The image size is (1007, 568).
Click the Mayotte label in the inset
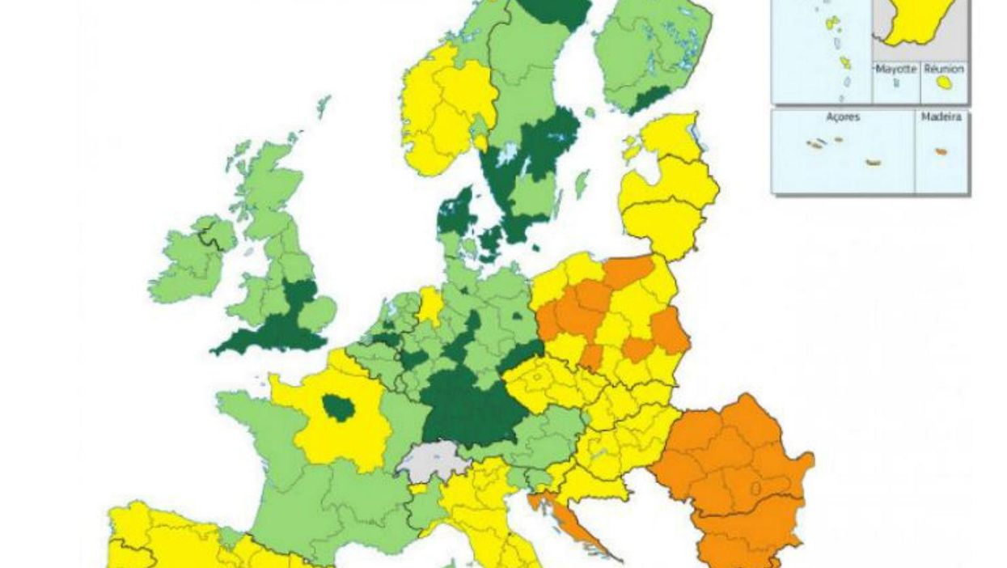896,70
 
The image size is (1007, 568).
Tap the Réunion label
943,70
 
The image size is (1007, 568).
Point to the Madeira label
941,117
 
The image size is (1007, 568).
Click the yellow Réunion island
943,83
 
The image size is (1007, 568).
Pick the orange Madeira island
941,151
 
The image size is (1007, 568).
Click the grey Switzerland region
433,461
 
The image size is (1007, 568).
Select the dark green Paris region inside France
338,408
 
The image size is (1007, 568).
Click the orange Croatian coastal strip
566,518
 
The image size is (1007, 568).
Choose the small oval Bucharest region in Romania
759,489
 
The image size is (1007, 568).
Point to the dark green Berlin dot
518,318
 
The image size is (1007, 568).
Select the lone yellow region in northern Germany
430,305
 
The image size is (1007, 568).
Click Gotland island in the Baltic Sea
582,184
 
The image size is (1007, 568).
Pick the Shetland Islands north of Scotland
324,105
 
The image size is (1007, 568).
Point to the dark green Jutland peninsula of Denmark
455,212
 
